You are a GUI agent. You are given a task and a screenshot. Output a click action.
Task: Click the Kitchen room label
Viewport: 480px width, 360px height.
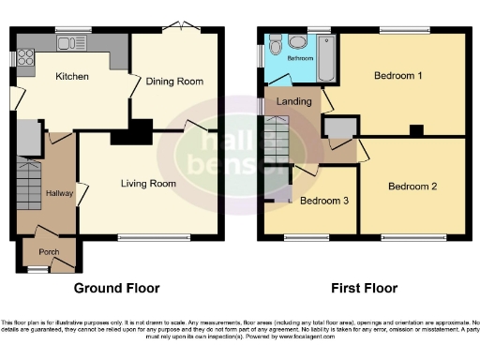click(x=71, y=76)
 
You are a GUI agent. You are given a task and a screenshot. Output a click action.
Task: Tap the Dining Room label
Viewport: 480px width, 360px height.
click(x=174, y=82)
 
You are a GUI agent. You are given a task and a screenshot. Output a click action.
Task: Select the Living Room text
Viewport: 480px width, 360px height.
click(x=148, y=184)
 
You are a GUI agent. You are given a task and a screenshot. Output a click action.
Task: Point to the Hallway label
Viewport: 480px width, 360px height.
click(x=59, y=192)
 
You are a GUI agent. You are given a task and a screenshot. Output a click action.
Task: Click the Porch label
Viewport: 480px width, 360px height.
click(x=49, y=252)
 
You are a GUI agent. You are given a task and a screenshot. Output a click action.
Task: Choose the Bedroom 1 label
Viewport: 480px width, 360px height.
click(x=397, y=75)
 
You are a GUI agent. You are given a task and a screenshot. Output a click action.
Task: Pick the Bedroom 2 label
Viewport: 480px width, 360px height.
click(x=412, y=186)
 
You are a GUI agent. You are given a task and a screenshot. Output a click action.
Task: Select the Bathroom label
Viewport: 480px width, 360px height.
click(x=300, y=58)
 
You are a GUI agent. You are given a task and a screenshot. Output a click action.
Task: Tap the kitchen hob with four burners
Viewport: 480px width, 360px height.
click(x=25, y=56)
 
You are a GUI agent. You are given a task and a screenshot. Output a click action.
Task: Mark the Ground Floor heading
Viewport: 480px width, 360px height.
click(x=116, y=288)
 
